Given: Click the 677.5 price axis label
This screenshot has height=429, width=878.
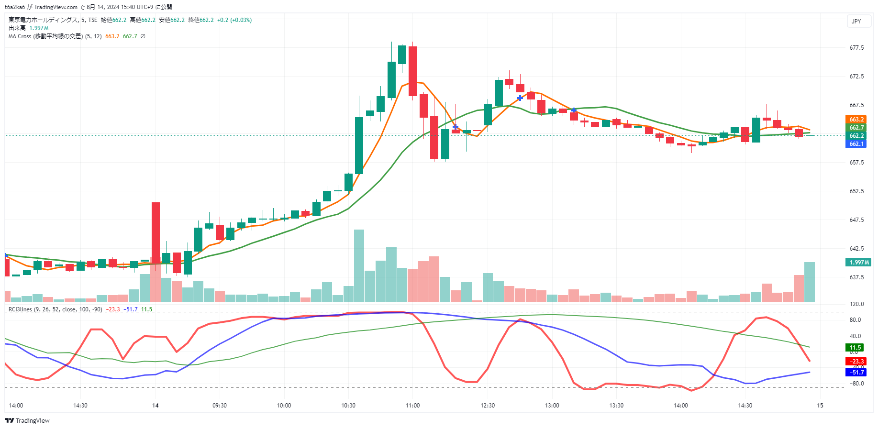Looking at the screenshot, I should pos(856,48).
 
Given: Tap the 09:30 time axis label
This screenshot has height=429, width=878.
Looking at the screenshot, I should pos(220,406).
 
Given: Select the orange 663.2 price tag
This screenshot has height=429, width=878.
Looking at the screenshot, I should pos(856,120).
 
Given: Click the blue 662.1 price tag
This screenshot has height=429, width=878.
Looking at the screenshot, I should pos(856,144).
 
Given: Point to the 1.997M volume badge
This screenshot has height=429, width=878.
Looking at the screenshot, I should pos(859,263).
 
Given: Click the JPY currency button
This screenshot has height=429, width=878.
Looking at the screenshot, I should pos(856,22).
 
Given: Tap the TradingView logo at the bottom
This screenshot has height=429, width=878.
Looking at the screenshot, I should pos(27,421).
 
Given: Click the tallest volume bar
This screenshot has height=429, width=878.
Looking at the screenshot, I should pos(359,265).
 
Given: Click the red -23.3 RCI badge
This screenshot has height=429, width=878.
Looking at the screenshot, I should pos(856,362).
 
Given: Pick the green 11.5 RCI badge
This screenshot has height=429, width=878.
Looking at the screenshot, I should pos(856,348).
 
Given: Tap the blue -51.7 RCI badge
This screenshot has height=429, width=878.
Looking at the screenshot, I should pos(856,373).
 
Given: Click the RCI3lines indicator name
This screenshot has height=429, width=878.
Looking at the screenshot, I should pos(20,309).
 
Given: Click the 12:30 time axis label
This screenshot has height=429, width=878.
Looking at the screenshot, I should pos(488,406).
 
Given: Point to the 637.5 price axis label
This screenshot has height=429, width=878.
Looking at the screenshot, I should pos(856,277).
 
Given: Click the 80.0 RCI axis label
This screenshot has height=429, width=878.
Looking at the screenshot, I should pos(855,320).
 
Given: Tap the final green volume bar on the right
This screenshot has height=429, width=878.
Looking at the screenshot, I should pos(810,282).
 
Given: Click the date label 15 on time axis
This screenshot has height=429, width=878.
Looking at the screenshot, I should pos(820,406).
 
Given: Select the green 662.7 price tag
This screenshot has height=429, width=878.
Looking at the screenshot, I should pos(856,128).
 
